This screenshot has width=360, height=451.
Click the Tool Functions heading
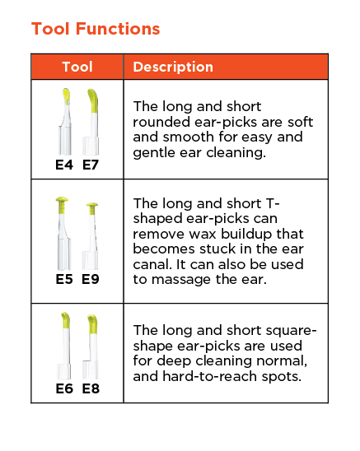point(96,29)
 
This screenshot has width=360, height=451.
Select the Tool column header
point(77,67)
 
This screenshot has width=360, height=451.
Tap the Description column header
point(173,67)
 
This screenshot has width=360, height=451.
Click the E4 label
point(64,165)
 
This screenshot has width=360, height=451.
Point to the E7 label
point(91,165)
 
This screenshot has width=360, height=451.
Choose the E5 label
point(64,279)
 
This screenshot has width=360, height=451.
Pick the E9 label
point(91,279)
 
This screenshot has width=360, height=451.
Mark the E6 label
point(64,388)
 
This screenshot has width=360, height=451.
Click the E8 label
point(91,388)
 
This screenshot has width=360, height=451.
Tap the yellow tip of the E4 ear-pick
point(67,97)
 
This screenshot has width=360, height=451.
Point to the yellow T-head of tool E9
point(92,208)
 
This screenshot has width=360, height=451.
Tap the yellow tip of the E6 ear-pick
point(66,320)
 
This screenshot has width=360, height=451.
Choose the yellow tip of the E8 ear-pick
point(92,324)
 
